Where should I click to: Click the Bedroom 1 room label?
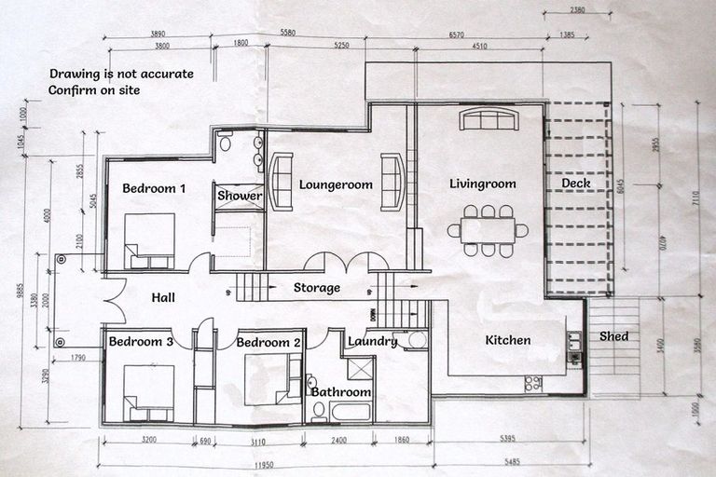pos(154,188)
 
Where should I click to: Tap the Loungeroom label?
pos(336,184)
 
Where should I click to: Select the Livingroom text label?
pos(482,184)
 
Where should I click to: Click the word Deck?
pos(576,184)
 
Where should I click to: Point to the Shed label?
pos(613,336)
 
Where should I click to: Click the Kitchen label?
pos(508,340)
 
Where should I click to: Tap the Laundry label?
pos(374,342)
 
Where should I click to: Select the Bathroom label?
pos(341,392)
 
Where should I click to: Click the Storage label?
pos(317,288)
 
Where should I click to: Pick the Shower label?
pos(240,196)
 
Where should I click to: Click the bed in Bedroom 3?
pos(149,392)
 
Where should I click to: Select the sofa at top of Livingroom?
pos(489,119)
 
